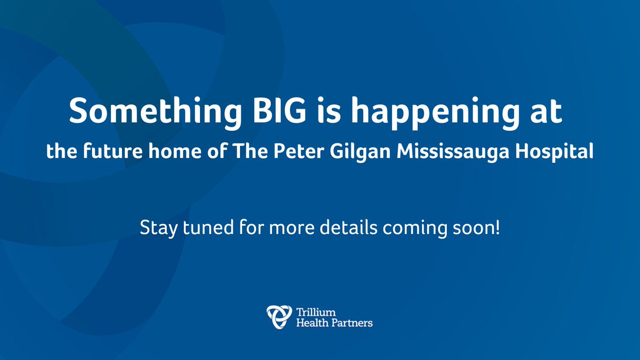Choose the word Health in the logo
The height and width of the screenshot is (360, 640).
[x=309, y=322]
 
